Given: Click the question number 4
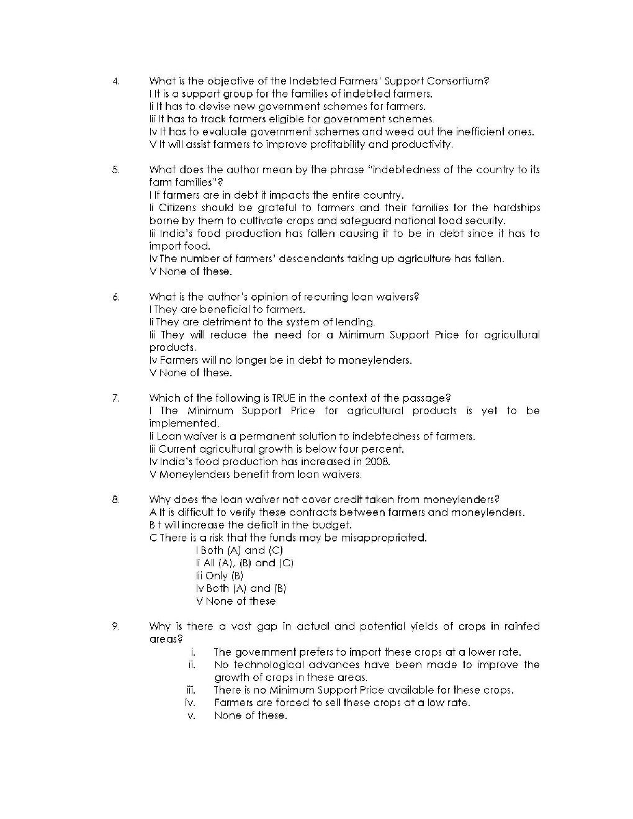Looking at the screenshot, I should (115, 81).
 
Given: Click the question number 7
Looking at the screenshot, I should (115, 398).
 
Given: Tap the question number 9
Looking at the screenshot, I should (115, 626).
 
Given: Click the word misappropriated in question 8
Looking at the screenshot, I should (388, 538).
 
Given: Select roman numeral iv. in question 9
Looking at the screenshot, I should (190, 703).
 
